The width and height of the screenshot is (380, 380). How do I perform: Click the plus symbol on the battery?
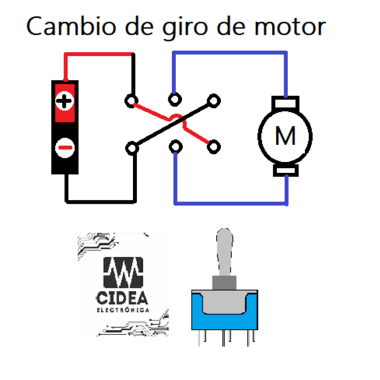tap(65, 101)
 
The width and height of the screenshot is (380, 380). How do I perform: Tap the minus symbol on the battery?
tap(65, 148)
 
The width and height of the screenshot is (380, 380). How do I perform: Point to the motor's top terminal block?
tap(285, 103)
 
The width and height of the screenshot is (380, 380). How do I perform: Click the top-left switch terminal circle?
tap(131, 100)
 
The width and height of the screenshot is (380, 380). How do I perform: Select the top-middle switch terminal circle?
tap(175, 99)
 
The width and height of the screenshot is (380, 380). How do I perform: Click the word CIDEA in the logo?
tap(122, 298)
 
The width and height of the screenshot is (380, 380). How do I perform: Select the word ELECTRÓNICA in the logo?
tap(122, 310)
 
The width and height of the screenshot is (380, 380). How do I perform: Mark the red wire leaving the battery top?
tap(95, 55)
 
